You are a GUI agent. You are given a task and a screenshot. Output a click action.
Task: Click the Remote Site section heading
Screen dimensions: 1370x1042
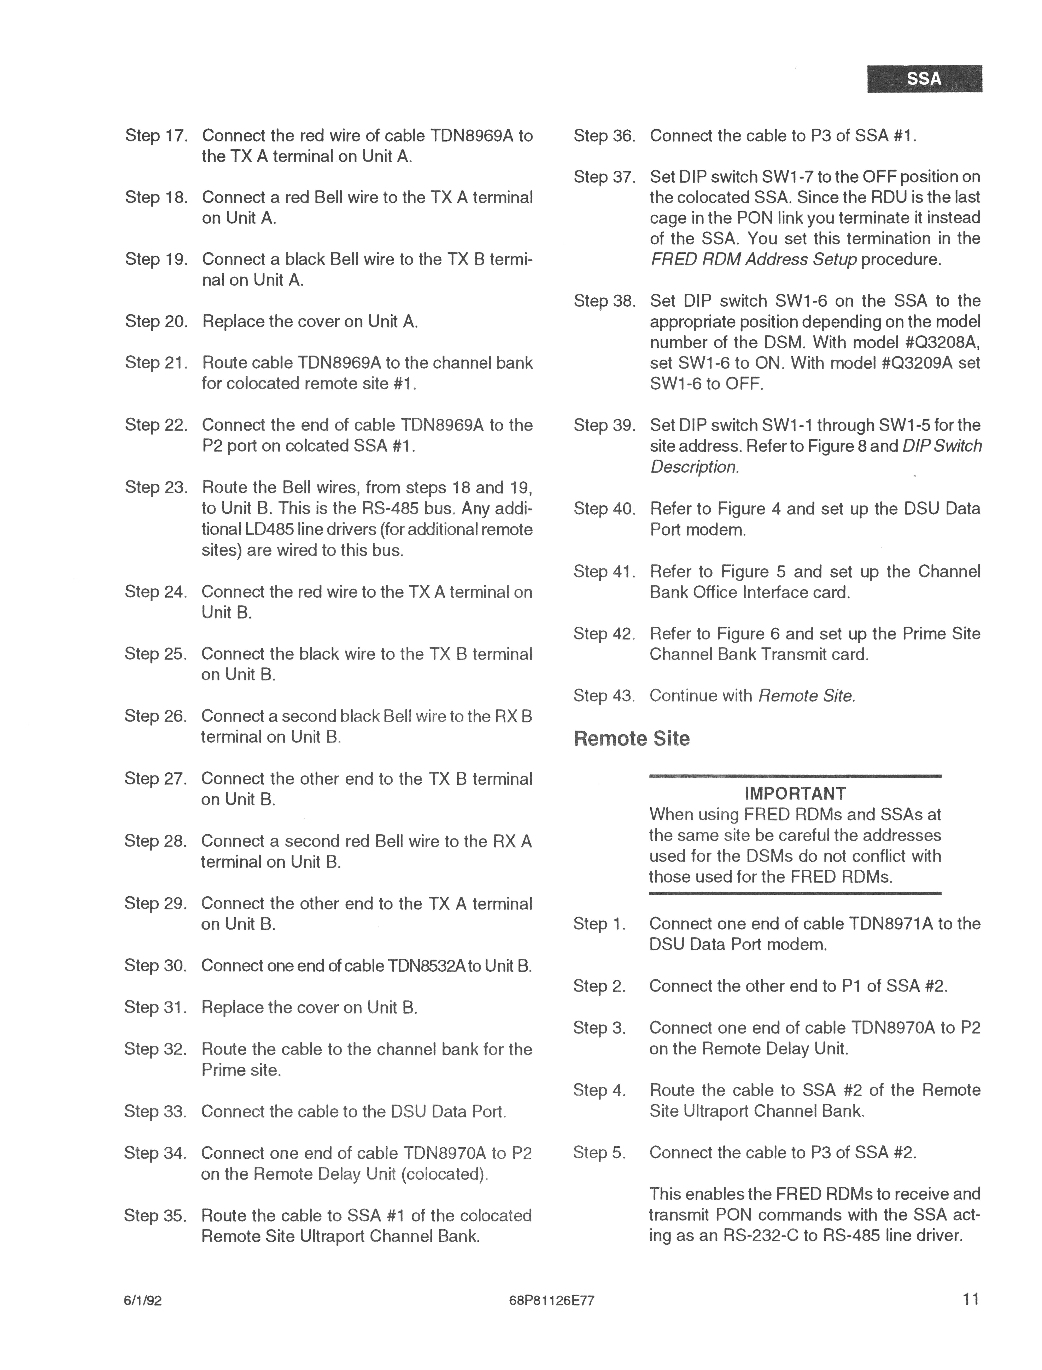tap(631, 739)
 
